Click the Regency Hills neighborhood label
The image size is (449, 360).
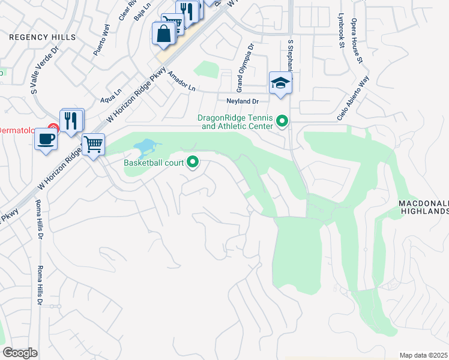[x=42, y=37]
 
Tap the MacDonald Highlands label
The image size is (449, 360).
[x=424, y=208]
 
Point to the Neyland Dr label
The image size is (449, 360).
[x=242, y=101]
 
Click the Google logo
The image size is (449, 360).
[x=20, y=353]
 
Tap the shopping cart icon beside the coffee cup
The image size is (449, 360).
[x=93, y=144]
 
